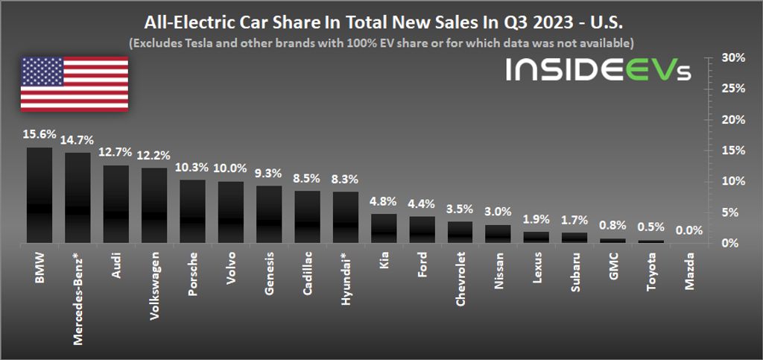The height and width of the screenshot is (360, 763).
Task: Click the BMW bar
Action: (x=39, y=195)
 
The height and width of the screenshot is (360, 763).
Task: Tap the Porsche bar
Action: (x=192, y=211)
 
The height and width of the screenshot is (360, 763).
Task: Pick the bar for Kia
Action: (x=384, y=228)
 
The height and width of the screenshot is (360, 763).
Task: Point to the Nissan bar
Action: (x=498, y=233)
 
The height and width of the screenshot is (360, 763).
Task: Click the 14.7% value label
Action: (x=77, y=140)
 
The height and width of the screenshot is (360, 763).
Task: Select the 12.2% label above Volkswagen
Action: (x=154, y=156)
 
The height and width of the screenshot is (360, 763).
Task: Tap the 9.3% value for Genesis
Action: (x=269, y=174)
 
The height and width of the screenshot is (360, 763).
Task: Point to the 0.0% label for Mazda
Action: (x=689, y=231)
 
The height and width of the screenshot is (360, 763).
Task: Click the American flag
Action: (x=74, y=83)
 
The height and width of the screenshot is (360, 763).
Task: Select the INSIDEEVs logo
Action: (x=598, y=71)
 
